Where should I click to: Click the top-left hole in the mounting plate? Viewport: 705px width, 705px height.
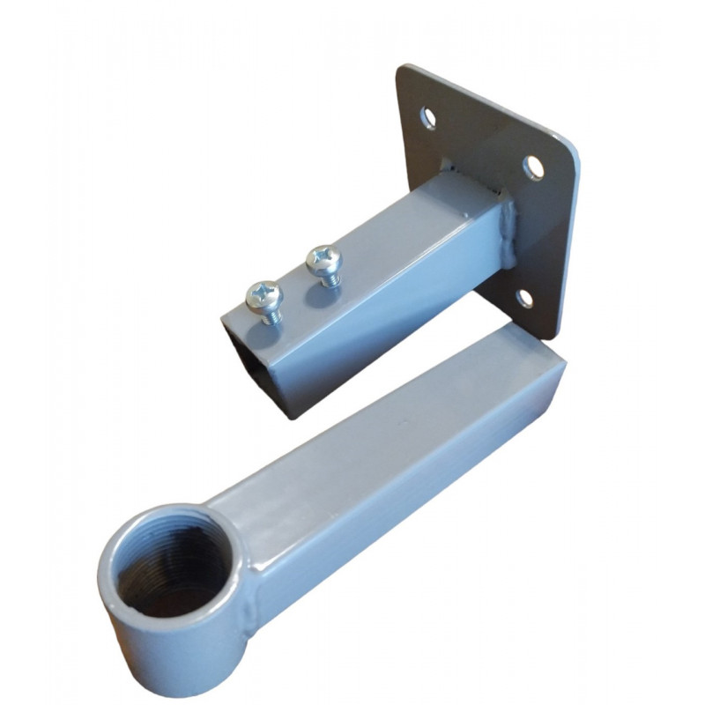(429, 115)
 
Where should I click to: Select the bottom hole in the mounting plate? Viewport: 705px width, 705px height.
(524, 298)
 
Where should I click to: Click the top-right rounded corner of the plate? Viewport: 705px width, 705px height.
(573, 150)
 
